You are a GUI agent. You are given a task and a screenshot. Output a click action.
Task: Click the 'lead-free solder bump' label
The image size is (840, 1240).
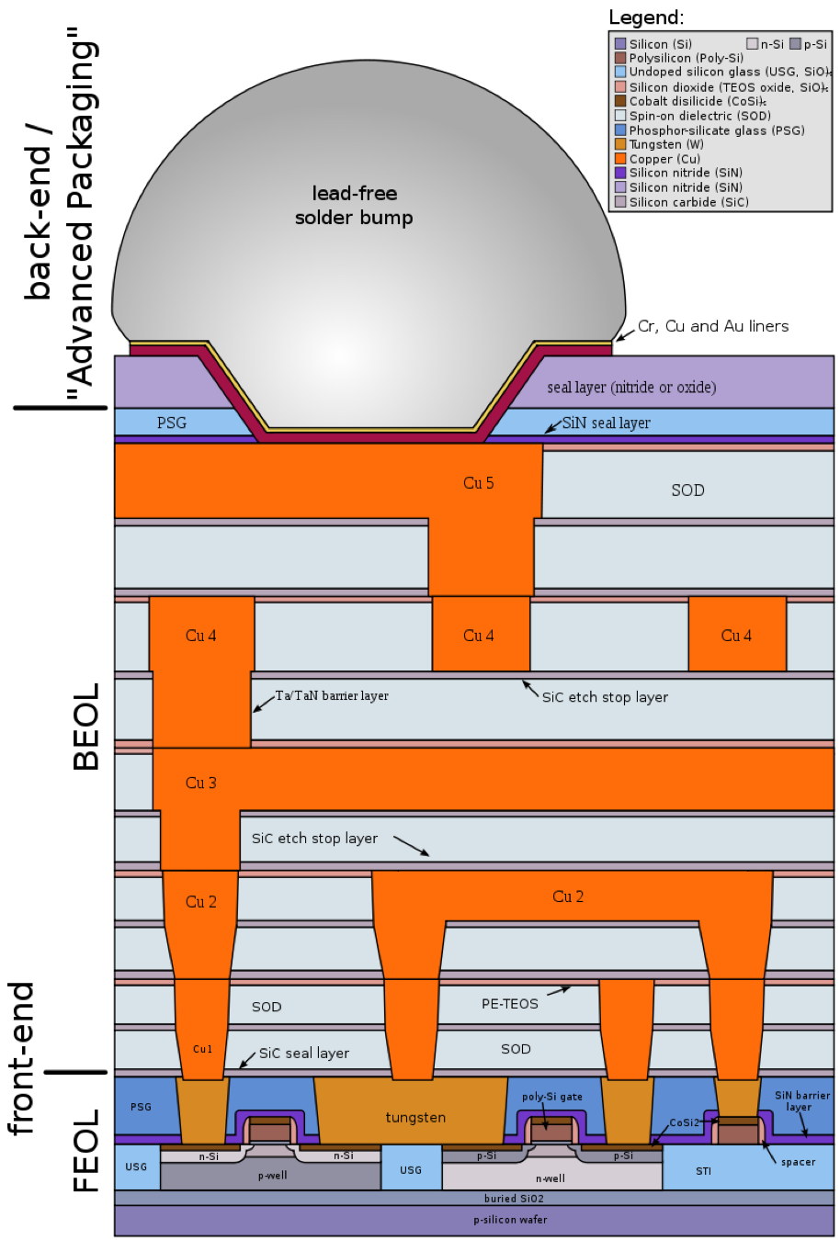point(354,206)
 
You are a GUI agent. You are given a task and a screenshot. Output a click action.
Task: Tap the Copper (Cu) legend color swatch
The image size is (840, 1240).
point(620,159)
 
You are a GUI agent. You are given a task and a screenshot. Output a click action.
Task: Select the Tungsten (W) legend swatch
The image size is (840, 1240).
point(620,144)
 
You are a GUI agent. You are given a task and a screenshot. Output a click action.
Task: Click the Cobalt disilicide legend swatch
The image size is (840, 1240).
point(620,101)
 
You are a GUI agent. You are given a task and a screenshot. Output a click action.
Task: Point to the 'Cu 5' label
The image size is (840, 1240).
point(479,483)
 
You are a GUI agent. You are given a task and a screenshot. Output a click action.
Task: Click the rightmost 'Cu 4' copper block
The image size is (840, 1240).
point(737,634)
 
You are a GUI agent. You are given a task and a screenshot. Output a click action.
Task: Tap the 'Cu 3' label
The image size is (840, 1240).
point(200,783)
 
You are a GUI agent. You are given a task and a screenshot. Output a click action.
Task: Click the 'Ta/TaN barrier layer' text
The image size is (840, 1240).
point(332,696)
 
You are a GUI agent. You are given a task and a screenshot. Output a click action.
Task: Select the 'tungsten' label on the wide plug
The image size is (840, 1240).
point(415,1118)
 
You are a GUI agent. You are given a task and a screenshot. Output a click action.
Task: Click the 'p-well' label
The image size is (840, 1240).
point(272,1176)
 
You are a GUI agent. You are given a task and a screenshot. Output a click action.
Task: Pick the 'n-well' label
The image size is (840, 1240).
point(551,1178)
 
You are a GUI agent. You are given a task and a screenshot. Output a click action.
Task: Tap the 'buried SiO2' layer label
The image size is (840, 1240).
point(514,1199)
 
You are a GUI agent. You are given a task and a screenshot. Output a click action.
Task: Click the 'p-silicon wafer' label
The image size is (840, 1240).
point(510,1220)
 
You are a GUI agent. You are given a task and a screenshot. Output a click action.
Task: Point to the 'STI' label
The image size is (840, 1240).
point(703,1171)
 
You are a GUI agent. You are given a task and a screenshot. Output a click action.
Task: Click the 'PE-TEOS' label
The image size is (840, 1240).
point(509,1004)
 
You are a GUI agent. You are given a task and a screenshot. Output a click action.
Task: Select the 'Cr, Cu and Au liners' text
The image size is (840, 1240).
point(713,326)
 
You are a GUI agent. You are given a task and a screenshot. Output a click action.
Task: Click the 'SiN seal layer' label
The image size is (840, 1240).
point(606,423)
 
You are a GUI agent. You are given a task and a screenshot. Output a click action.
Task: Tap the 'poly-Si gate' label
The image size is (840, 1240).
point(552,1098)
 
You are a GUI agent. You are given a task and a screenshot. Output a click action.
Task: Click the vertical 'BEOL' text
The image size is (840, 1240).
point(86,727)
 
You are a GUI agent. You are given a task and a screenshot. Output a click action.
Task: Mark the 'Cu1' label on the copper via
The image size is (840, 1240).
point(203,1049)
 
